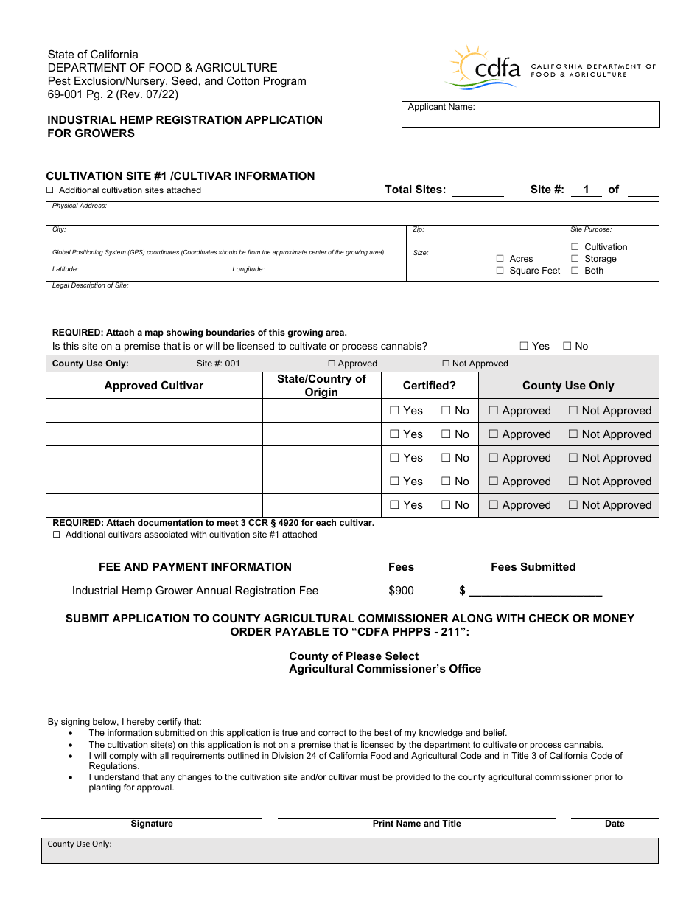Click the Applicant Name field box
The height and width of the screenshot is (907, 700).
pyautogui.click(x=530, y=114)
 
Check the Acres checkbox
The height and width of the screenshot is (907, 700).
pyautogui.click(x=500, y=259)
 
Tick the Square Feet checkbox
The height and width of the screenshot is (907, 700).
pyautogui.click(x=500, y=271)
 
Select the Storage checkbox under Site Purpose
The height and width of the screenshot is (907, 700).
pyautogui.click(x=575, y=259)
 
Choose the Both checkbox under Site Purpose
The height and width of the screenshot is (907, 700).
pyautogui.click(x=575, y=271)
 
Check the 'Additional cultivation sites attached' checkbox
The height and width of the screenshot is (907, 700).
pyautogui.click(x=50, y=190)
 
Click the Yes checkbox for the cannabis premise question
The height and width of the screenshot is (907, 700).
pyautogui.click(x=524, y=346)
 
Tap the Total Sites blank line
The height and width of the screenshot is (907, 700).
pyautogui.click(x=477, y=191)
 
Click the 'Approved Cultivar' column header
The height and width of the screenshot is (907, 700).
pyautogui.click(x=153, y=386)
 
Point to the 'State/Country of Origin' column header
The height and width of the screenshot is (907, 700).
pyautogui.click(x=321, y=386)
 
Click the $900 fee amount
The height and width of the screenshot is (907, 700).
pyautogui.click(x=401, y=591)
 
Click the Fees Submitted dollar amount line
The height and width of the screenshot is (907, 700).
pyautogui.click(x=535, y=591)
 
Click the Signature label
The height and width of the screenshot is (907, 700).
pyautogui.click(x=152, y=824)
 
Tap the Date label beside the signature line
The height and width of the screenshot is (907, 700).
pyautogui.click(x=615, y=824)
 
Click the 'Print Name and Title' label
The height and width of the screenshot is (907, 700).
pyautogui.click(x=416, y=824)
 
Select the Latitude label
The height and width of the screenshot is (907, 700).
pyautogui.click(x=65, y=269)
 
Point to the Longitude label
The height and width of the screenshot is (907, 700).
pyautogui.click(x=248, y=269)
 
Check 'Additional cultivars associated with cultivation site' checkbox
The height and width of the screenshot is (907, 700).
pyautogui.click(x=57, y=535)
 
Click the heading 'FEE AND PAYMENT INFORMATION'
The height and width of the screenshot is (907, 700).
pyautogui.click(x=195, y=567)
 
